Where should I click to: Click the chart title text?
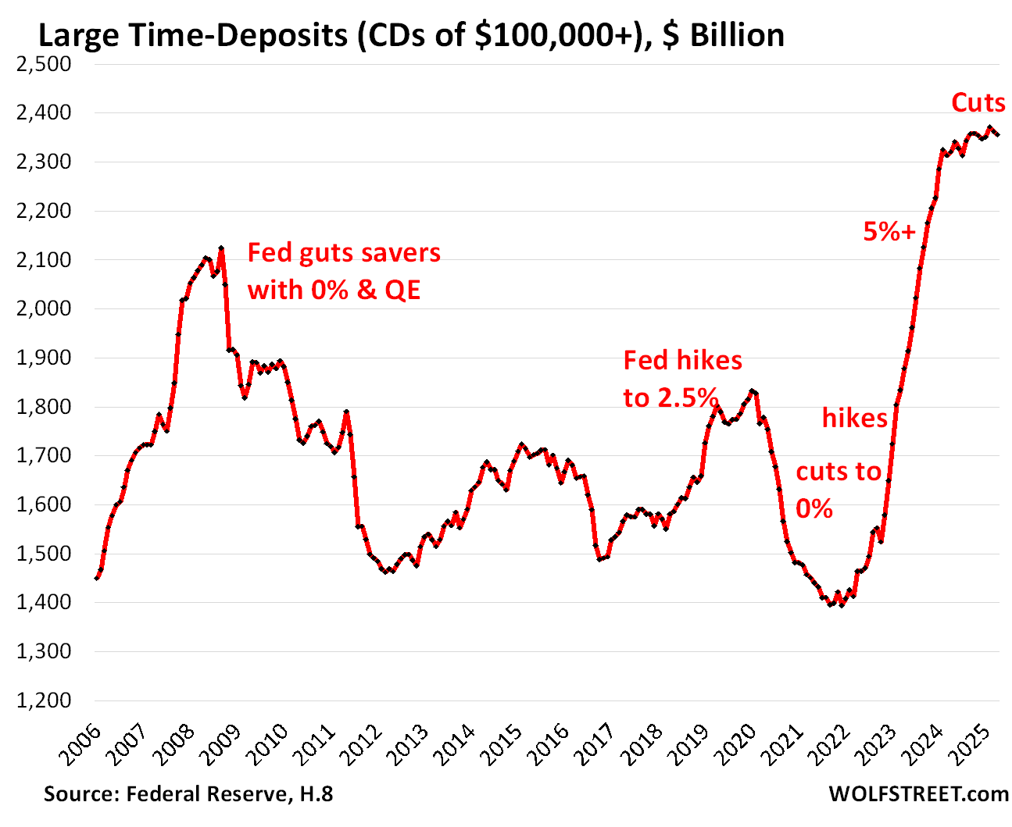(411, 36)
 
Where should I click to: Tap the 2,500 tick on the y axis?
(44, 64)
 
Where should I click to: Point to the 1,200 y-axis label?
(44, 700)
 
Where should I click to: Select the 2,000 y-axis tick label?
(44, 308)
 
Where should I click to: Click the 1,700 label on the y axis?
(44, 455)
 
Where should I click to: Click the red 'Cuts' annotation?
(978, 103)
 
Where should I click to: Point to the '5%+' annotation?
(889, 231)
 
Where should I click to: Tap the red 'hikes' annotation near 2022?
(854, 419)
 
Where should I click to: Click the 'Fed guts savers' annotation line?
(344, 253)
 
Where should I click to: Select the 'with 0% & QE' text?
(334, 290)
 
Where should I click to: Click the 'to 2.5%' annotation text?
(670, 398)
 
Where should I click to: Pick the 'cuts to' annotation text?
(839, 472)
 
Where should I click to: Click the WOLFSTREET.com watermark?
(918, 794)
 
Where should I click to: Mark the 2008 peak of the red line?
(222, 249)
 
